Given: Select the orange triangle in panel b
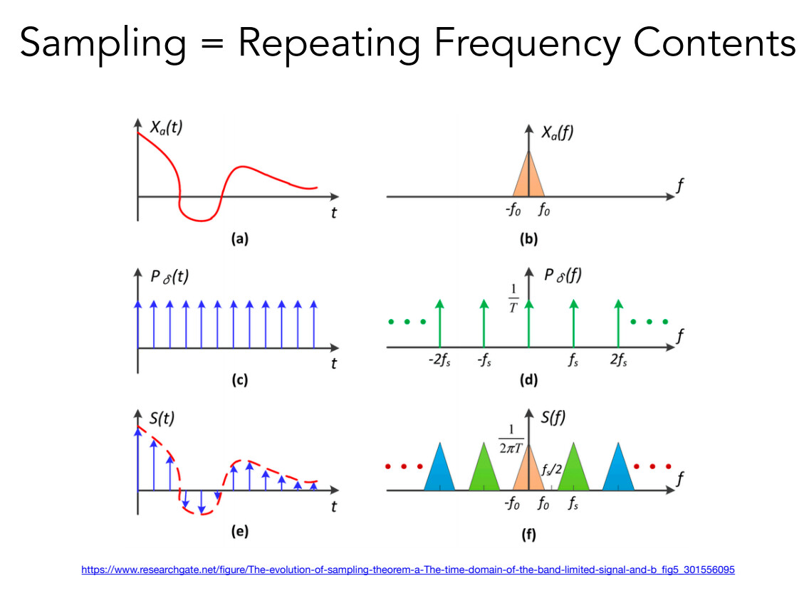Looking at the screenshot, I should tap(528, 179).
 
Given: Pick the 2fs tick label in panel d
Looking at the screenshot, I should tap(617, 362).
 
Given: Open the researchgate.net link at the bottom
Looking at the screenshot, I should tap(408, 570).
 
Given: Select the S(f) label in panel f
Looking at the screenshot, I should tap(553, 417).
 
